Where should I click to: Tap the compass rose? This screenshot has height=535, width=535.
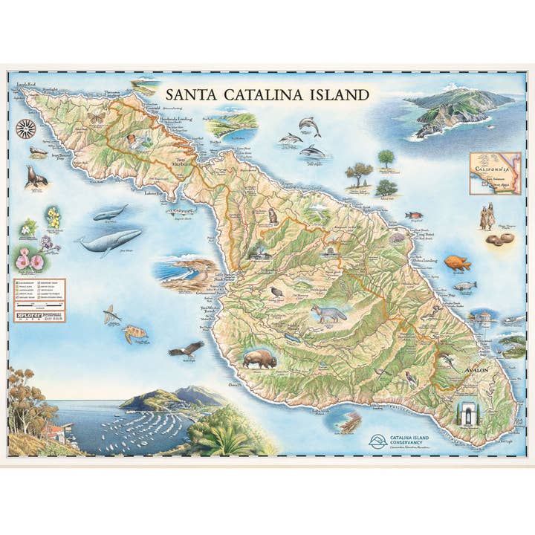click(26, 128)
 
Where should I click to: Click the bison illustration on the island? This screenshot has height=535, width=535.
click(259, 359)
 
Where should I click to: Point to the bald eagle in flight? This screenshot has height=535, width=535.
click(185, 348)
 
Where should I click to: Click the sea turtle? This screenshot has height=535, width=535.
click(135, 334)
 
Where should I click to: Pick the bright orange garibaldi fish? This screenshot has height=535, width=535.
click(457, 262)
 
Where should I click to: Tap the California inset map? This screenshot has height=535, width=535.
click(495, 173)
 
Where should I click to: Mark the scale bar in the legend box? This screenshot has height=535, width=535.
click(39, 305)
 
